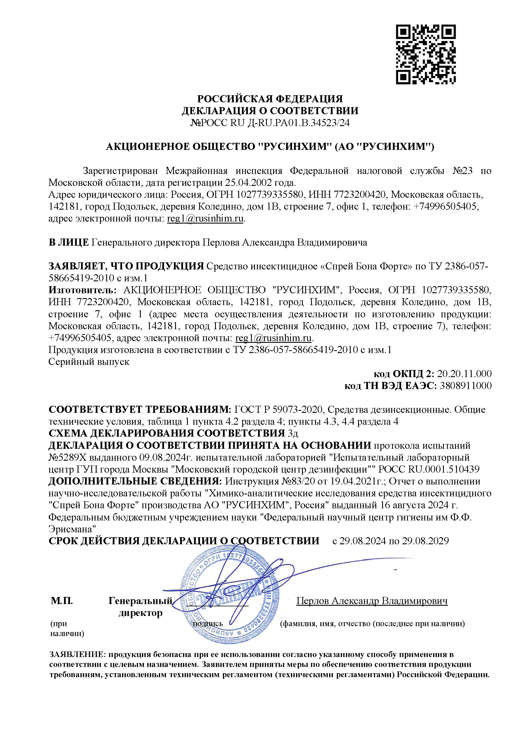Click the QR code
click(x=425, y=55)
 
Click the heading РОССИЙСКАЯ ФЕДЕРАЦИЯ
click(x=270, y=99)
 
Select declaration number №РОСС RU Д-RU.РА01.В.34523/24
click(x=270, y=123)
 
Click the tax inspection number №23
click(x=462, y=171)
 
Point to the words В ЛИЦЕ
click(x=69, y=243)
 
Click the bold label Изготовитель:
click(x=82, y=290)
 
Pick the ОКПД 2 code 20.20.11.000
click(x=464, y=374)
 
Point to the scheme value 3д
click(x=292, y=433)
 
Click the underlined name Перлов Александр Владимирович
click(x=372, y=601)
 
